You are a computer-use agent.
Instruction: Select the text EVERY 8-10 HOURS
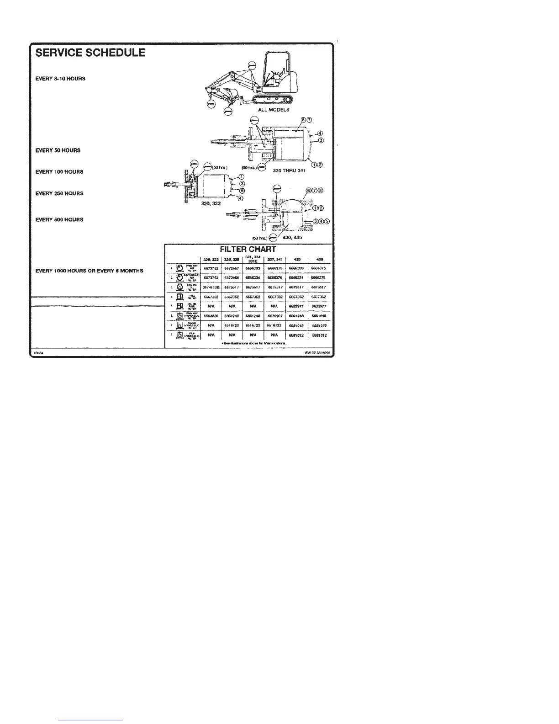pos(60,79)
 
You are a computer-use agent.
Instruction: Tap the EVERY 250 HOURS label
pos(59,193)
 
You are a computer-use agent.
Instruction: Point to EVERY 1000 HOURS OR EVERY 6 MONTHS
pos(90,271)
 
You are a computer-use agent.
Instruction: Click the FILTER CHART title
pos(248,249)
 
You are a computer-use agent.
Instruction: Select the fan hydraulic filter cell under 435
pos(318,335)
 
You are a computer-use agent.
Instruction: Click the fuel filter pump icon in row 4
pos(180,297)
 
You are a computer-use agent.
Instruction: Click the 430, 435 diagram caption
pos(293,237)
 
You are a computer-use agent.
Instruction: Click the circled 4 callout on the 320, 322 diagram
pos(240,197)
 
